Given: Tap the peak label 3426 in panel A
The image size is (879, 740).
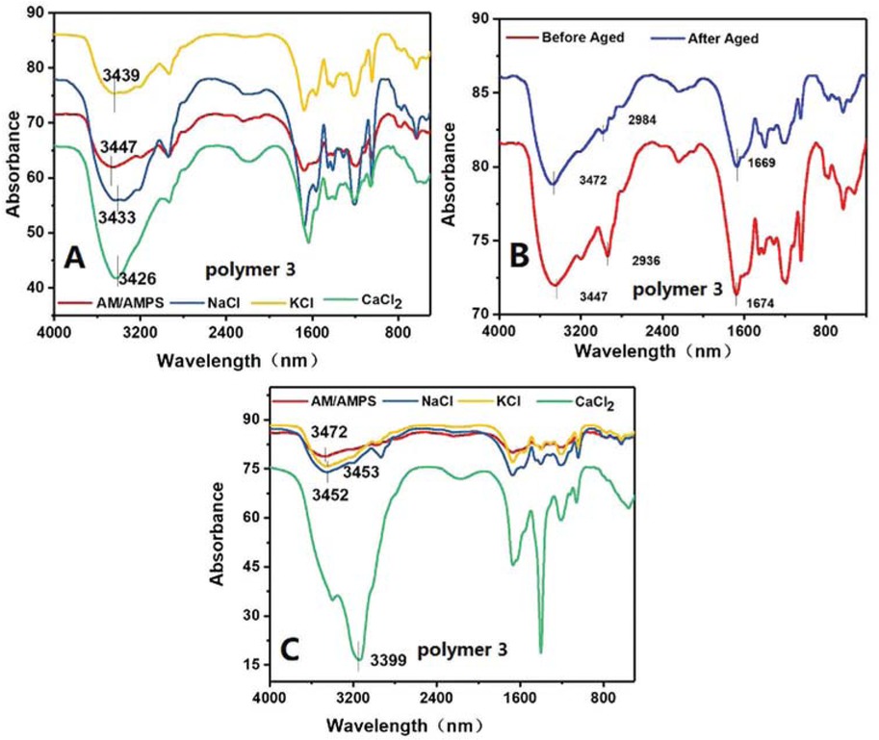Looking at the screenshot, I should click(137, 280).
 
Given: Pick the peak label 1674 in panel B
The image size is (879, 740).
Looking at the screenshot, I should click(761, 304).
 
